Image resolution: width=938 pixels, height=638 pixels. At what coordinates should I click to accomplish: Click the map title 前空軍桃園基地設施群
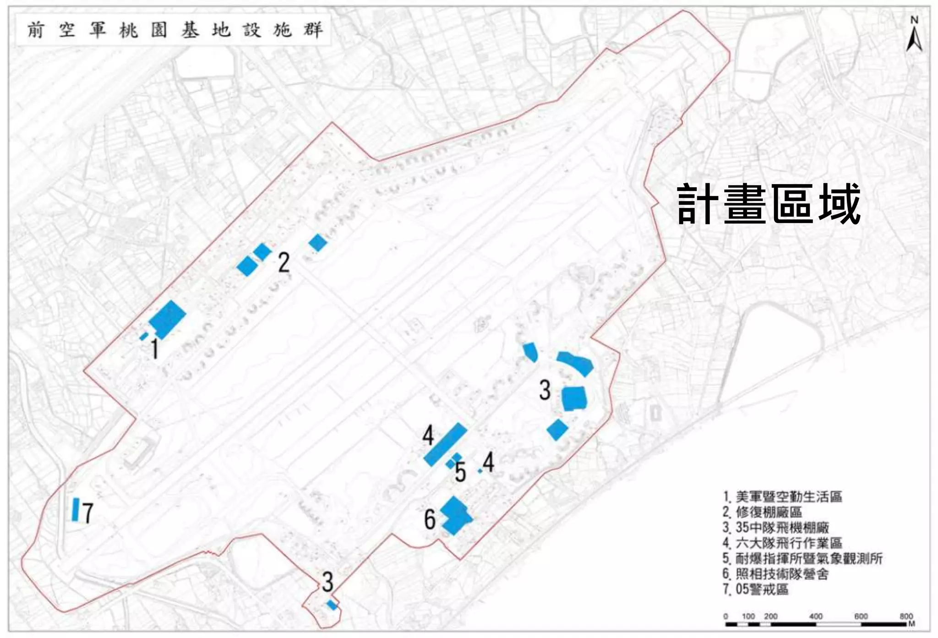point(174,30)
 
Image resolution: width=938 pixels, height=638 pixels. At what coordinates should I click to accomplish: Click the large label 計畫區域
point(769,204)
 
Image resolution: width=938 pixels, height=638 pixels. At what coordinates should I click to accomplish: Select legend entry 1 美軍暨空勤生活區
point(782,497)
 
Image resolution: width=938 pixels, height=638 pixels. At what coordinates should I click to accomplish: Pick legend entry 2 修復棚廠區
point(762,512)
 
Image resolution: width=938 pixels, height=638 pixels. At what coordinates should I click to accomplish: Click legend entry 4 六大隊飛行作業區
point(782,543)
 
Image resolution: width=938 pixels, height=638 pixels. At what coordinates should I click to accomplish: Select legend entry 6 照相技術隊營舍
point(775,574)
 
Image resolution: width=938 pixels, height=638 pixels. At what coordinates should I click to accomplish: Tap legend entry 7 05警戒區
point(755,589)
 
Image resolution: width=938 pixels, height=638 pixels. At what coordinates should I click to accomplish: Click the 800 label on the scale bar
point(905,616)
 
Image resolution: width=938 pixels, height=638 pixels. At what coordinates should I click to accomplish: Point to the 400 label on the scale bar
point(815,616)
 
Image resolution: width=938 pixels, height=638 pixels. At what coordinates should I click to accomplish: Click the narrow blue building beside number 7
point(76,509)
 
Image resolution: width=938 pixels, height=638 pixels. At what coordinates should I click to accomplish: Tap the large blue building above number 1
point(168,318)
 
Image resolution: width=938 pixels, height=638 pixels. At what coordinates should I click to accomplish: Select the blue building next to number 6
point(454,516)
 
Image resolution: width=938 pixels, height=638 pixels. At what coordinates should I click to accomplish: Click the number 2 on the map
point(284,263)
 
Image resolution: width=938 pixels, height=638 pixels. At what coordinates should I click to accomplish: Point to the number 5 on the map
point(460,472)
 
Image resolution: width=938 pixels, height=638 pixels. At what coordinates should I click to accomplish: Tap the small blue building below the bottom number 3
point(332,605)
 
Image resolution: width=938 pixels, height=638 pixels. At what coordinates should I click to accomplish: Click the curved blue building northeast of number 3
point(575,362)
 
